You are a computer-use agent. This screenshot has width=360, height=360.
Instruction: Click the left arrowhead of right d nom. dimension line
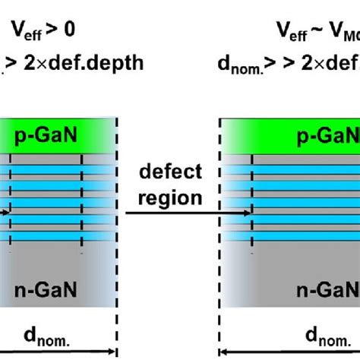(224, 351)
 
